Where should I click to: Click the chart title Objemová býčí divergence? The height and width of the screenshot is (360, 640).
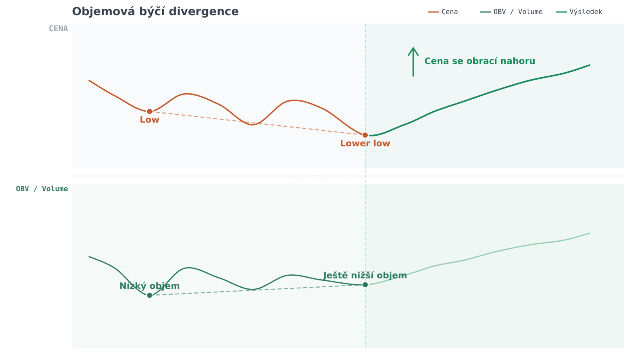tap(155, 12)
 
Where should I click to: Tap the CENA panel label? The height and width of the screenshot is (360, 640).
tap(58, 28)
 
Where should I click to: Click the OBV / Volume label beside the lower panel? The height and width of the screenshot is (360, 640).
tap(42, 189)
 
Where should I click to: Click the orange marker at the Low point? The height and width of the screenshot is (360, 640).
tap(150, 111)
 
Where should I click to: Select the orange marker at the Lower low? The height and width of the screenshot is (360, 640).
tap(365, 135)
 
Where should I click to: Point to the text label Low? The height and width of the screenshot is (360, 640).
tap(150, 120)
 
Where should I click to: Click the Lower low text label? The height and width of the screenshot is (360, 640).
tap(365, 144)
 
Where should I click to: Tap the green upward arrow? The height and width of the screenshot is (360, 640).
tap(413, 62)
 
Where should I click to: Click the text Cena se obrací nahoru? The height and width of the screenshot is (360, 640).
tap(480, 61)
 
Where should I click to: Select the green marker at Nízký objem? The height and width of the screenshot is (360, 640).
tap(150, 295)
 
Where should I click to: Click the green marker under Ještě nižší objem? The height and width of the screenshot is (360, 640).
tap(365, 285)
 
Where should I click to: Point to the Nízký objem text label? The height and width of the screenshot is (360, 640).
tap(150, 286)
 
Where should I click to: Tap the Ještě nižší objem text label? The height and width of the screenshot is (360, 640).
tap(365, 276)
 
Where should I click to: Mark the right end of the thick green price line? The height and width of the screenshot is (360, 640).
tap(589, 65)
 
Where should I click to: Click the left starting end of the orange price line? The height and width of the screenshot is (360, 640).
tap(90, 80)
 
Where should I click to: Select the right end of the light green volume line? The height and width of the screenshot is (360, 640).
tap(589, 233)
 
